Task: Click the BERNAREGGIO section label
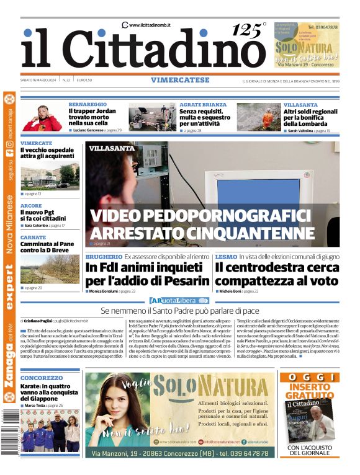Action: click(88, 105)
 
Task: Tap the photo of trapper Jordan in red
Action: click(42, 117)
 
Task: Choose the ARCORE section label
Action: click(31, 205)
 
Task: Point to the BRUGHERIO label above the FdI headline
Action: click(104, 256)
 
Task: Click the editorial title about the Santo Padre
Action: click(180, 310)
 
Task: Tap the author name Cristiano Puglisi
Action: click(38, 321)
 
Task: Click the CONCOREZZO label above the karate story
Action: click(42, 378)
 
